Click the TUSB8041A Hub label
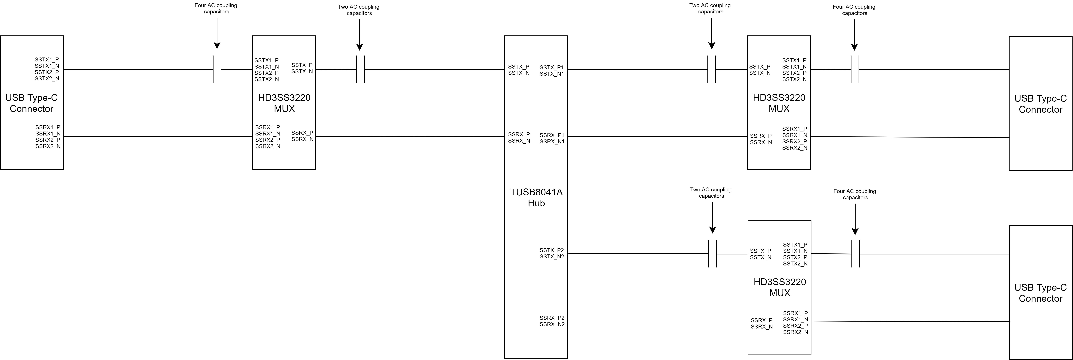pos(536,198)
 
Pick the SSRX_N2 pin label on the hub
pos(552,324)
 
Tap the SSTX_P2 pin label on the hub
pos(551,250)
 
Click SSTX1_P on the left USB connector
pos(47,60)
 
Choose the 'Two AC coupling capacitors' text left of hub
pos(359,10)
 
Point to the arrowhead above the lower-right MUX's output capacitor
pos(855,231)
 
